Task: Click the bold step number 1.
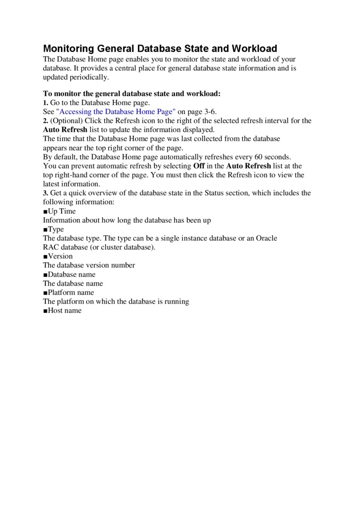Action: [x=45, y=103]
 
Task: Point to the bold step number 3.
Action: [x=45, y=193]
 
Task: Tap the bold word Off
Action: [x=199, y=166]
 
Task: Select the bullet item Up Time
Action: [x=62, y=211]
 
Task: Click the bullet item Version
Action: [x=60, y=256]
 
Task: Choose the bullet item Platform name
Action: [x=71, y=293]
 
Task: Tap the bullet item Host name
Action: [x=64, y=311]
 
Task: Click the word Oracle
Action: [x=267, y=238]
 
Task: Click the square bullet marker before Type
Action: [x=45, y=230]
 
